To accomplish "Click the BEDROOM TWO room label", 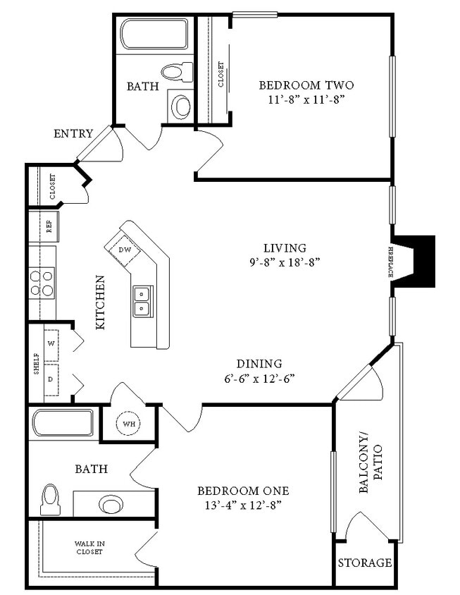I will coord(306,85).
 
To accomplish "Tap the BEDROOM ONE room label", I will coord(242,491).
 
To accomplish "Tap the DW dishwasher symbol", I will coord(125,250).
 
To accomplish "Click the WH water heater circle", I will coord(129,424).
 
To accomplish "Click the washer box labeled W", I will coord(51,343).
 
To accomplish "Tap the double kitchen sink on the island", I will coord(143,300).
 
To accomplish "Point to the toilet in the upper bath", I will coord(176,71).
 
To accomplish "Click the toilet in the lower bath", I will coord(51,499).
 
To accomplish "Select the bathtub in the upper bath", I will coord(154,33).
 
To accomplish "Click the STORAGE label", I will coord(364,563).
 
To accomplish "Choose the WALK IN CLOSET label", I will coord(89,548).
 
